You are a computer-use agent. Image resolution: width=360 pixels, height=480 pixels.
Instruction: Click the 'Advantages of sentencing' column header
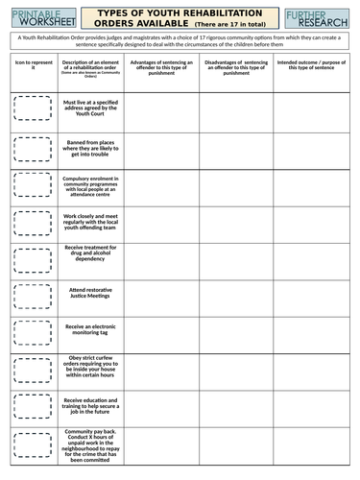161,65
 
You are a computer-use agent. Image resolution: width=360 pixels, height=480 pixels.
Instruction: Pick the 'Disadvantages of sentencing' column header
236,65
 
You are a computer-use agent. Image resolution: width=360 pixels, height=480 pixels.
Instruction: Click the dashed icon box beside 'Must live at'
30,108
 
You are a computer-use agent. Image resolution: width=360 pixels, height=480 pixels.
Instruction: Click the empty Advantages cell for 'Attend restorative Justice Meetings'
161,292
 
